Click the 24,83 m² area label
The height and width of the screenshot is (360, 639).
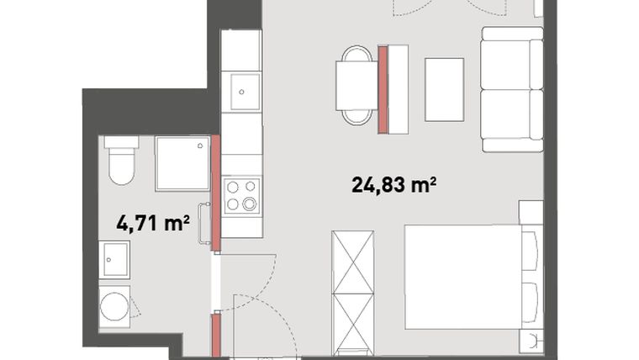click(393, 185)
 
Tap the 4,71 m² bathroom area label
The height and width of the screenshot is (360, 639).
click(153, 223)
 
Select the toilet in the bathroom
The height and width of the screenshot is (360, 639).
click(121, 160)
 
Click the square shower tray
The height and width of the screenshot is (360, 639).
click(182, 163)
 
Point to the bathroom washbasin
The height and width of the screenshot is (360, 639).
click(114, 260)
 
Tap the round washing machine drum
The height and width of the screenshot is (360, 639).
click(114, 306)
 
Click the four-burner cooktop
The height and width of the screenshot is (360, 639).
click(241, 195)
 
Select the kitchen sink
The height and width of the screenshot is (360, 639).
click(245, 92)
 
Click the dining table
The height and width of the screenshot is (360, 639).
click(356, 86)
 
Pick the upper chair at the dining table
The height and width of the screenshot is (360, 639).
click(356, 53)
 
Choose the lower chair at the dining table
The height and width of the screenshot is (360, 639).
click(357, 118)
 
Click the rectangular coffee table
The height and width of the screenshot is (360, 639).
click(444, 90)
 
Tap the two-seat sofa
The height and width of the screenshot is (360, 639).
click(512, 89)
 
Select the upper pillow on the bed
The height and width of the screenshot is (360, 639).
click(530, 251)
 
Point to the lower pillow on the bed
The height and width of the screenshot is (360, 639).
click(530, 303)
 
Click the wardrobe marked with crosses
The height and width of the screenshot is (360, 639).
click(353, 293)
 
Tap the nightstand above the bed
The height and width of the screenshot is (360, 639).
click(531, 213)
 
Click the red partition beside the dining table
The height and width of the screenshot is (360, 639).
click(383, 90)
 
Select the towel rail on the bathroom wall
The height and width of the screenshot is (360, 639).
click(203, 224)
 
